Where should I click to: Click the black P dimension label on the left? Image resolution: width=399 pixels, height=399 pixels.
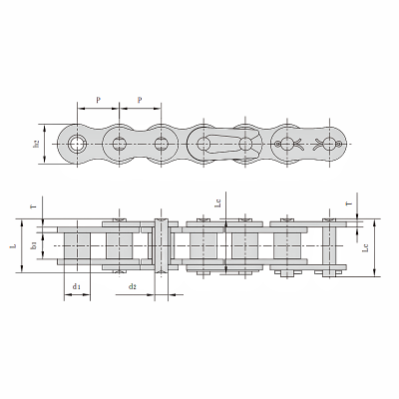[x=99, y=101]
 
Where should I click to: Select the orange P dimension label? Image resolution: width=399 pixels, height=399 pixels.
[x=139, y=101]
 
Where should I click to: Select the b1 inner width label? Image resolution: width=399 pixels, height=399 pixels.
[x=35, y=244]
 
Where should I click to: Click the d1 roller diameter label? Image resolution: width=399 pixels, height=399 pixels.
[x=77, y=286]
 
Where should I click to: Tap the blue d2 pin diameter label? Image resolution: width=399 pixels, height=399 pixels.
[x=133, y=286]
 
